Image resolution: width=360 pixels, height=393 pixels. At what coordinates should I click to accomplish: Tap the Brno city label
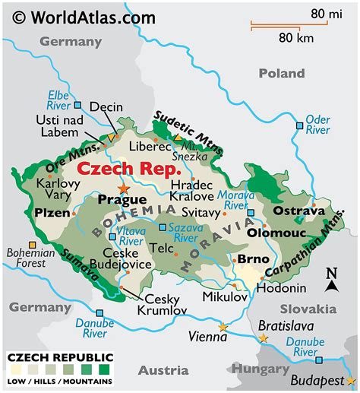point(249,259)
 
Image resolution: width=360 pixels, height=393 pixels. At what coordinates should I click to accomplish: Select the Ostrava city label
point(298,211)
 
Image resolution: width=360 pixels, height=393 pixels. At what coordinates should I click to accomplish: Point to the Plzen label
point(52,214)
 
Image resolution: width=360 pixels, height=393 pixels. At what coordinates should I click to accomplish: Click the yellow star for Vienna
point(223,327)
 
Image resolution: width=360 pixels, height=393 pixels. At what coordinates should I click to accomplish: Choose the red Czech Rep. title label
point(129,168)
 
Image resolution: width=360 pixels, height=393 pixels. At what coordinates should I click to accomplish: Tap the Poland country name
point(281,73)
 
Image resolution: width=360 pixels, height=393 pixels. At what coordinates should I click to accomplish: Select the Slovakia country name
point(308,309)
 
